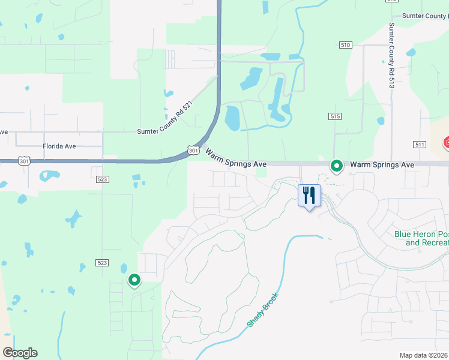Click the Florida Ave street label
(x=59, y=146)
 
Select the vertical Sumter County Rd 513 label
(x=391, y=56)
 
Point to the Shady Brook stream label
(x=263, y=310)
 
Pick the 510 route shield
(x=345, y=45)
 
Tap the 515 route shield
(x=335, y=115)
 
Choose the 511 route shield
(x=420, y=145)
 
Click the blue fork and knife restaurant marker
(x=309, y=196)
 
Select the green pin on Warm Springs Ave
(x=337, y=165)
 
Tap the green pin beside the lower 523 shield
(x=134, y=280)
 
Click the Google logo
(x=20, y=353)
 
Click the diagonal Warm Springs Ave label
(x=235, y=158)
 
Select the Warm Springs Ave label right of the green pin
(x=382, y=164)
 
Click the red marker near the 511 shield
(x=447, y=143)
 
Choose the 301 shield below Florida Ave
(x=23, y=161)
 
